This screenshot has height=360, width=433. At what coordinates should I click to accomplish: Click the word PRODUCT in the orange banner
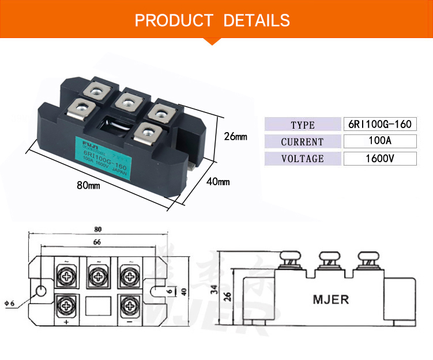(x=173, y=21)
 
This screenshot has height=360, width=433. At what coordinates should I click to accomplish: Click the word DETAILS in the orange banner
(x=256, y=21)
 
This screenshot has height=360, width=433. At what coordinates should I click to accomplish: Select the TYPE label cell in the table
(x=303, y=125)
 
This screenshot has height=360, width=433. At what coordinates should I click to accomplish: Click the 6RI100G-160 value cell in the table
(x=379, y=124)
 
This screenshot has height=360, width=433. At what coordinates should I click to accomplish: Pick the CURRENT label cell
(x=303, y=142)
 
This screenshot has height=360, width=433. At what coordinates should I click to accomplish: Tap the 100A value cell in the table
(x=379, y=141)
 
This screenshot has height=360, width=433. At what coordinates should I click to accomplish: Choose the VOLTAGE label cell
(x=303, y=159)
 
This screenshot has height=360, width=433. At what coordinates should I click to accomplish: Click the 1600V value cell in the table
(x=379, y=159)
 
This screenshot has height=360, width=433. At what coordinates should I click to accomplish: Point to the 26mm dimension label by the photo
(x=235, y=137)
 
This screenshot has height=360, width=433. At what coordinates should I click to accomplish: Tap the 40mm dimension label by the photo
(x=218, y=182)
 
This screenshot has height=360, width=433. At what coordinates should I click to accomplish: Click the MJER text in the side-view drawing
(x=330, y=301)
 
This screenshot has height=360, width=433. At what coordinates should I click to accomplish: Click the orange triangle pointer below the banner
(x=213, y=40)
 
